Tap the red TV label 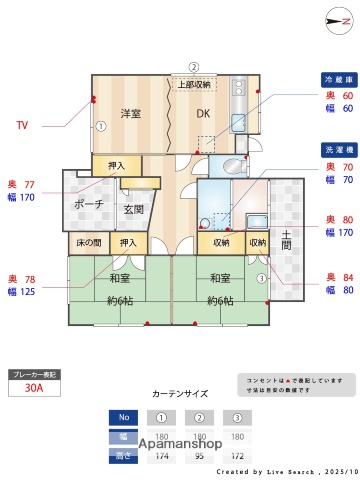coord(22,126)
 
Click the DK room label coord(203,112)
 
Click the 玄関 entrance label coord(134,209)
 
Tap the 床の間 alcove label coord(88,243)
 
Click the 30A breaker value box coord(33,392)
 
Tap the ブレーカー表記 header coord(33,374)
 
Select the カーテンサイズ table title coord(179,394)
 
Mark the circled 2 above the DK coord(194,68)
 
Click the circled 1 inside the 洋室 coord(101,127)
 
